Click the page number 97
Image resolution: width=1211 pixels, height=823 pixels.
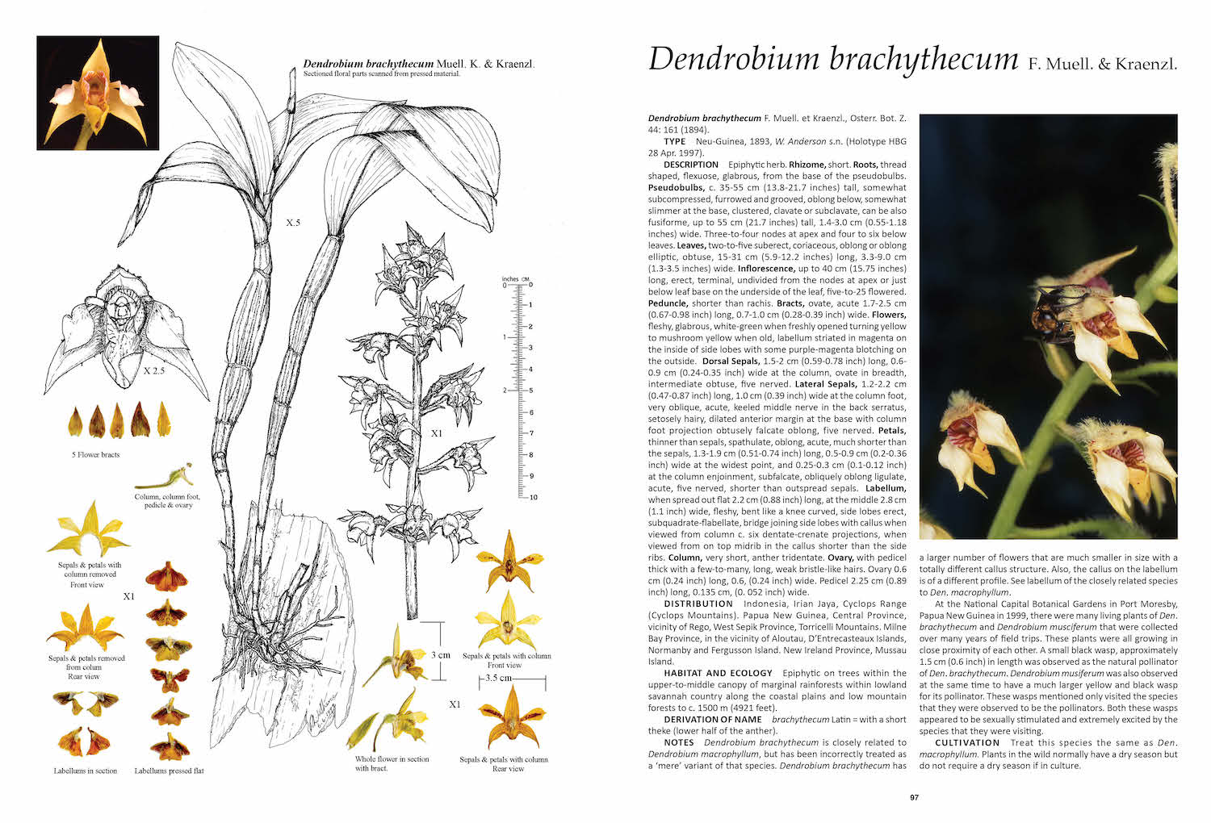click(914, 798)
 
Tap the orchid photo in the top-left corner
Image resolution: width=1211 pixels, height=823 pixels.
click(98, 93)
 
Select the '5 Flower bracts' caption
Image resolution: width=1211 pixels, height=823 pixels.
click(95, 455)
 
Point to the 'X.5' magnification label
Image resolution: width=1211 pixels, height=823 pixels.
click(292, 222)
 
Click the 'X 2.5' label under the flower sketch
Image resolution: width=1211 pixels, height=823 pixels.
click(154, 372)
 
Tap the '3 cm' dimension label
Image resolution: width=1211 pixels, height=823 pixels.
click(441, 654)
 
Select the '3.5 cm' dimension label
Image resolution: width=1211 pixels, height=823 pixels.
click(498, 678)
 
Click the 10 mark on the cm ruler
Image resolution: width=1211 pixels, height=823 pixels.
click(533, 497)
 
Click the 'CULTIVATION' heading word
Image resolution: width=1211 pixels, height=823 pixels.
click(967, 743)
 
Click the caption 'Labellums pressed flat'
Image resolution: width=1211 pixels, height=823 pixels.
click(169, 771)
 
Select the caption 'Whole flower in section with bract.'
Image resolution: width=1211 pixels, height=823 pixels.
click(392, 763)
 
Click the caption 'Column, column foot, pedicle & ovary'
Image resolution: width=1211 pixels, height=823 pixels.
click(167, 501)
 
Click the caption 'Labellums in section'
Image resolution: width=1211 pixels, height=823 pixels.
click(86, 771)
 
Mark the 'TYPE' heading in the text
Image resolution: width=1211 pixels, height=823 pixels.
click(675, 141)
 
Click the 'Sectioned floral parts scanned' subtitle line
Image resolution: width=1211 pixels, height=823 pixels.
click(381, 74)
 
